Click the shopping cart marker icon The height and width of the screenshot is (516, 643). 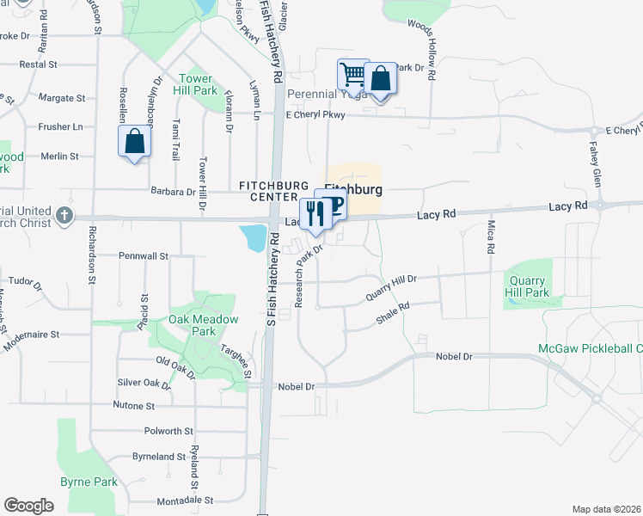pos(352,76)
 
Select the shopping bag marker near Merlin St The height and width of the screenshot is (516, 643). pos(135,141)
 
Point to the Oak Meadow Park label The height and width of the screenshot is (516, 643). pos(192,325)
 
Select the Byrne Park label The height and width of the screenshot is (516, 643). pos(89,482)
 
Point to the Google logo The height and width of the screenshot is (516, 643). pos(28,505)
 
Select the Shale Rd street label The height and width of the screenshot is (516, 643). pos(393,318)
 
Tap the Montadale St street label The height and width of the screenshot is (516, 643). pos(183,501)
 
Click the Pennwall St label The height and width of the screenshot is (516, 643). pos(144,255)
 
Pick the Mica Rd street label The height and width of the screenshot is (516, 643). pos(491,236)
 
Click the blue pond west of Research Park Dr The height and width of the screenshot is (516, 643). pos(254,238)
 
